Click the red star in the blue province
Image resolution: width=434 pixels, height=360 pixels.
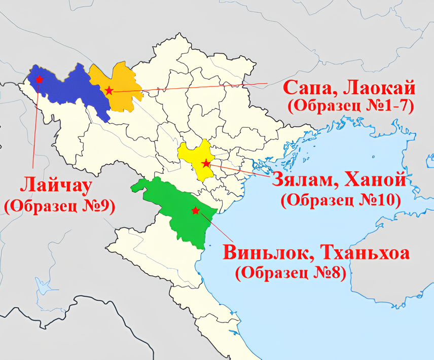click(x=39, y=79)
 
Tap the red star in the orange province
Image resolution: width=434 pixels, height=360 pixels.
click(x=109, y=91)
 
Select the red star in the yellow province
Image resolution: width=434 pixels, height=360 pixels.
click(x=206, y=163)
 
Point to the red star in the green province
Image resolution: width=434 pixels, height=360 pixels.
click(x=195, y=210)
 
